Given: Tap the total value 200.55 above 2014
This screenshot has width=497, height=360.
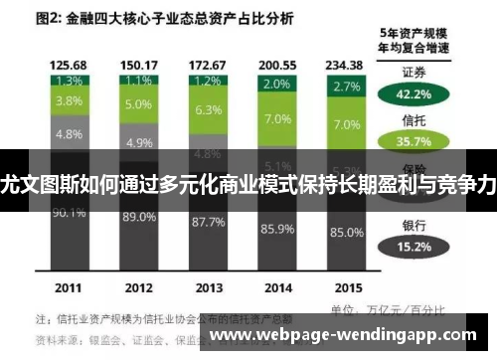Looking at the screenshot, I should point(277,64).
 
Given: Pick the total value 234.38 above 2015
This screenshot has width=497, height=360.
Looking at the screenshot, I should point(347,64).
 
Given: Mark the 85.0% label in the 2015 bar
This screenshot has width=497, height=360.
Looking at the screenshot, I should point(347,234).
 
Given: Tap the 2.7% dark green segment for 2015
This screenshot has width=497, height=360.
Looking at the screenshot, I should point(347,87).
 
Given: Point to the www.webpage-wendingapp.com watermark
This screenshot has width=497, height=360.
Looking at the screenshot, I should point(349,336).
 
